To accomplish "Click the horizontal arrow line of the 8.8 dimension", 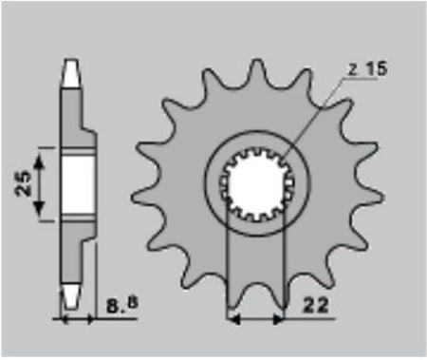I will click(81, 318).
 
